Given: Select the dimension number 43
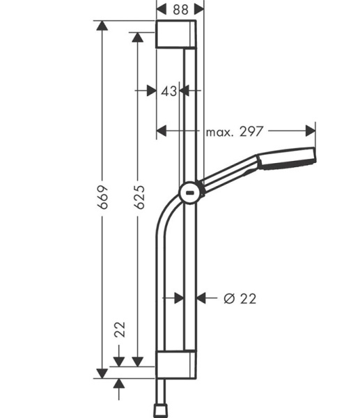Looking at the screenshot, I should [169, 90].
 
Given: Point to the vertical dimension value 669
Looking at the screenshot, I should [103, 198].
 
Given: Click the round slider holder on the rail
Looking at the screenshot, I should [189, 192].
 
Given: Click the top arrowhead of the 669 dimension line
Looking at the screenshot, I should [103, 26].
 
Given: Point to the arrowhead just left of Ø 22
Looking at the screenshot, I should [201, 298].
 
